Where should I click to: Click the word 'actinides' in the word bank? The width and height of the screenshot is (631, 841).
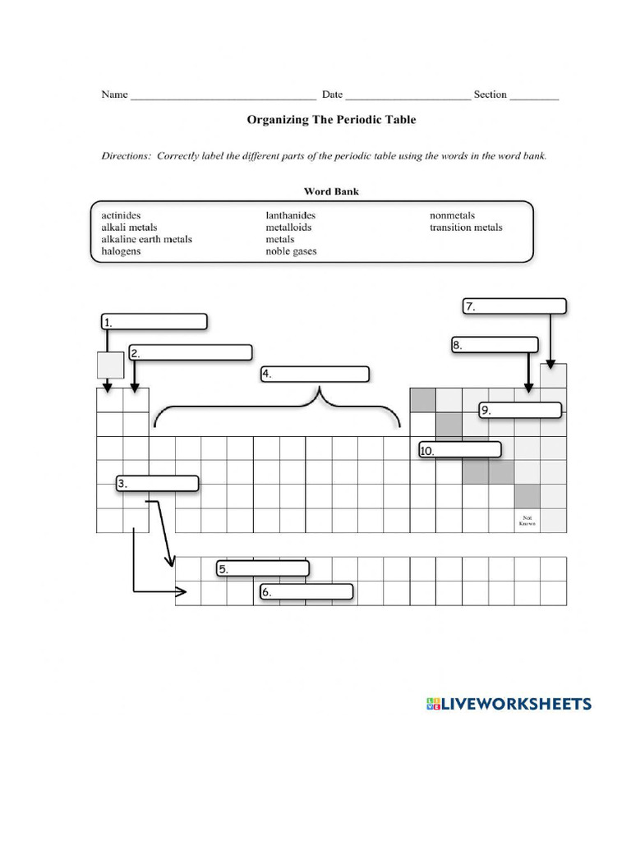tap(121, 216)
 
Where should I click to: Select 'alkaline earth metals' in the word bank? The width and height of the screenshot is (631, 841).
tap(146, 239)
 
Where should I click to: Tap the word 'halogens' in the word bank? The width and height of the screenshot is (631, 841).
tap(121, 250)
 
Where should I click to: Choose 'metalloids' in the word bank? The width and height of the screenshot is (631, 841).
tap(288, 227)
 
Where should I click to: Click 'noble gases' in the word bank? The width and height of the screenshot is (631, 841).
tap(291, 250)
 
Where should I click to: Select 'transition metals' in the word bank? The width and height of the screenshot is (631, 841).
tap(466, 227)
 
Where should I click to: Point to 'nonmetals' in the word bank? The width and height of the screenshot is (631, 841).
tap(452, 216)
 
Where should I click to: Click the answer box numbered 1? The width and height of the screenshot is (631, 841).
tap(154, 321)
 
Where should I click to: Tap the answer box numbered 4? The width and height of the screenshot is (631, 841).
tap(315, 375)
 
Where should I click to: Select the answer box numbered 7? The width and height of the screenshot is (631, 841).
tap(514, 306)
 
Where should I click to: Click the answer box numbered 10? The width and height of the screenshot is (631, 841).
tap(459, 450)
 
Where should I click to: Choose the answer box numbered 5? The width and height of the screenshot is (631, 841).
tap(263, 568)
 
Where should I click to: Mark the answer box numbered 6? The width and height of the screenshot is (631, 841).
tap(306, 591)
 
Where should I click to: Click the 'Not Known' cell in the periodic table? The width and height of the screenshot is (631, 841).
tap(527, 521)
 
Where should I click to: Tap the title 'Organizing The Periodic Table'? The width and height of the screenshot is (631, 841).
tap(331, 120)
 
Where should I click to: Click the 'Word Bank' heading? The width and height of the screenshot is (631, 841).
tap(331, 191)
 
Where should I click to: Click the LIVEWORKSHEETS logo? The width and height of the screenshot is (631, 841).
tap(509, 704)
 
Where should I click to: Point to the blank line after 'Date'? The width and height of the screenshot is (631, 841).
tap(408, 95)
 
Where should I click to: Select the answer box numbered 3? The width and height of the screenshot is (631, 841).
tap(157, 484)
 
